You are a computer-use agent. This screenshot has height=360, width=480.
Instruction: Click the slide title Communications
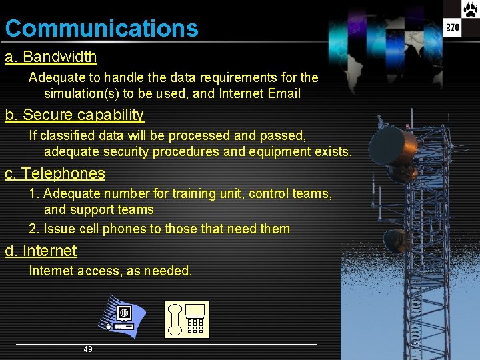tap(101, 29)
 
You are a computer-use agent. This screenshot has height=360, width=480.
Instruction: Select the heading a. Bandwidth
tap(51, 57)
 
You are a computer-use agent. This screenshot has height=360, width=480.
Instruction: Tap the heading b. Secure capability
tap(75, 115)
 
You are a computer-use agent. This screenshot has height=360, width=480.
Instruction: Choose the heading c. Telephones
tap(55, 174)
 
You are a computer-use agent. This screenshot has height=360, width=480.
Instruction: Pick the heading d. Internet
tap(41, 251)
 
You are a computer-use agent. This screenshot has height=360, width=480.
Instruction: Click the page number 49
tap(88, 349)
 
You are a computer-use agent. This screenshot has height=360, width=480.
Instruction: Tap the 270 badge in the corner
tap(453, 28)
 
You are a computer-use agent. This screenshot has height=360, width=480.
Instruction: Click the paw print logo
tap(471, 9)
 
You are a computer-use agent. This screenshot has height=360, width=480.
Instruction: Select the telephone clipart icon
tap(187, 319)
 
